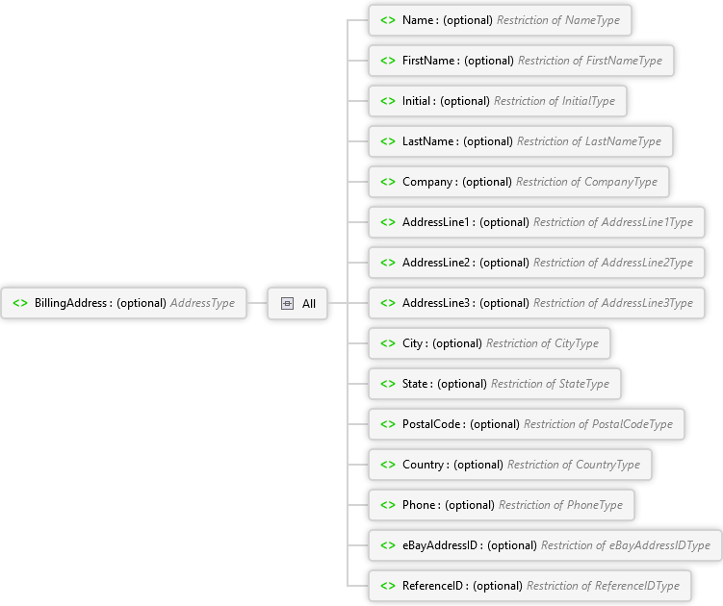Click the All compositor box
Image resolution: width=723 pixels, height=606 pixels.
(x=297, y=303)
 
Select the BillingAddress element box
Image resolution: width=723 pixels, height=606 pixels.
(x=123, y=303)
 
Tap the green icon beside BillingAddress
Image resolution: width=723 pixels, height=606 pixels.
(x=20, y=303)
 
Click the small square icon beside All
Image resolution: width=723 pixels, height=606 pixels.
(x=287, y=303)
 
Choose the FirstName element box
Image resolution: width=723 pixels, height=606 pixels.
(x=521, y=61)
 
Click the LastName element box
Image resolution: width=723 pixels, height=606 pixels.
(x=520, y=141)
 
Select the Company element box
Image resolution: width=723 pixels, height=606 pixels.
(x=518, y=182)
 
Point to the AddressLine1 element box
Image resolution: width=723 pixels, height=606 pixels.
(x=535, y=222)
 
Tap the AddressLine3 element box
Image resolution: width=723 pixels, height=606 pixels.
(x=535, y=303)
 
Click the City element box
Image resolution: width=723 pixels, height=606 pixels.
(x=488, y=343)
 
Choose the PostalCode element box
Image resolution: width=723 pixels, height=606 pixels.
(x=526, y=424)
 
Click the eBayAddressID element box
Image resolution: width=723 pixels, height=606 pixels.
(x=544, y=545)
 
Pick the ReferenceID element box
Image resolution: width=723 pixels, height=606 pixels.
(x=529, y=586)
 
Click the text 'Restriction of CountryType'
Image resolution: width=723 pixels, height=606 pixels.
(x=573, y=465)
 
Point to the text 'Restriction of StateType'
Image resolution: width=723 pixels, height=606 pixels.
(x=550, y=384)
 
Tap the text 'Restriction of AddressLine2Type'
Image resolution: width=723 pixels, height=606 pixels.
(x=612, y=263)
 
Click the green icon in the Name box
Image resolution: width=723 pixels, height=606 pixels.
(x=387, y=20)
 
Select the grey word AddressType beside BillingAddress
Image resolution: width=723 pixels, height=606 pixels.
(x=202, y=303)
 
